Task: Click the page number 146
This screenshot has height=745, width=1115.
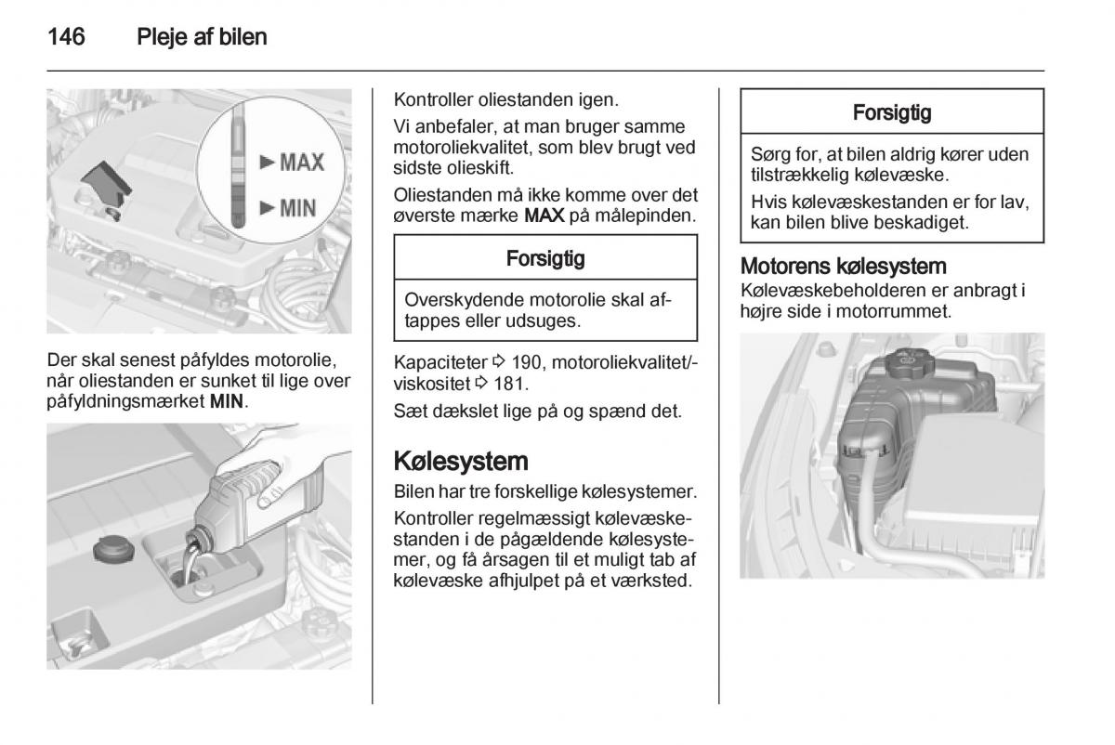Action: click(x=66, y=38)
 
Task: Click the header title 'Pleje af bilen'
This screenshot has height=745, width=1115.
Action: click(x=202, y=38)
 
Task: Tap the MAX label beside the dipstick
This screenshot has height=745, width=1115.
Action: click(x=292, y=163)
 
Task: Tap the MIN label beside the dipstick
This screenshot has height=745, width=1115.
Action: click(x=288, y=207)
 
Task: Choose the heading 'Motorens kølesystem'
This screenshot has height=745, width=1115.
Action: click(x=843, y=266)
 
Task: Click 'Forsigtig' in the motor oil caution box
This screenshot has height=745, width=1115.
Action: click(x=545, y=258)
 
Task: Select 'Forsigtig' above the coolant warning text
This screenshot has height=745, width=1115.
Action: click(x=891, y=113)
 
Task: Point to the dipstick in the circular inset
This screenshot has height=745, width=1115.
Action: click(x=239, y=173)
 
